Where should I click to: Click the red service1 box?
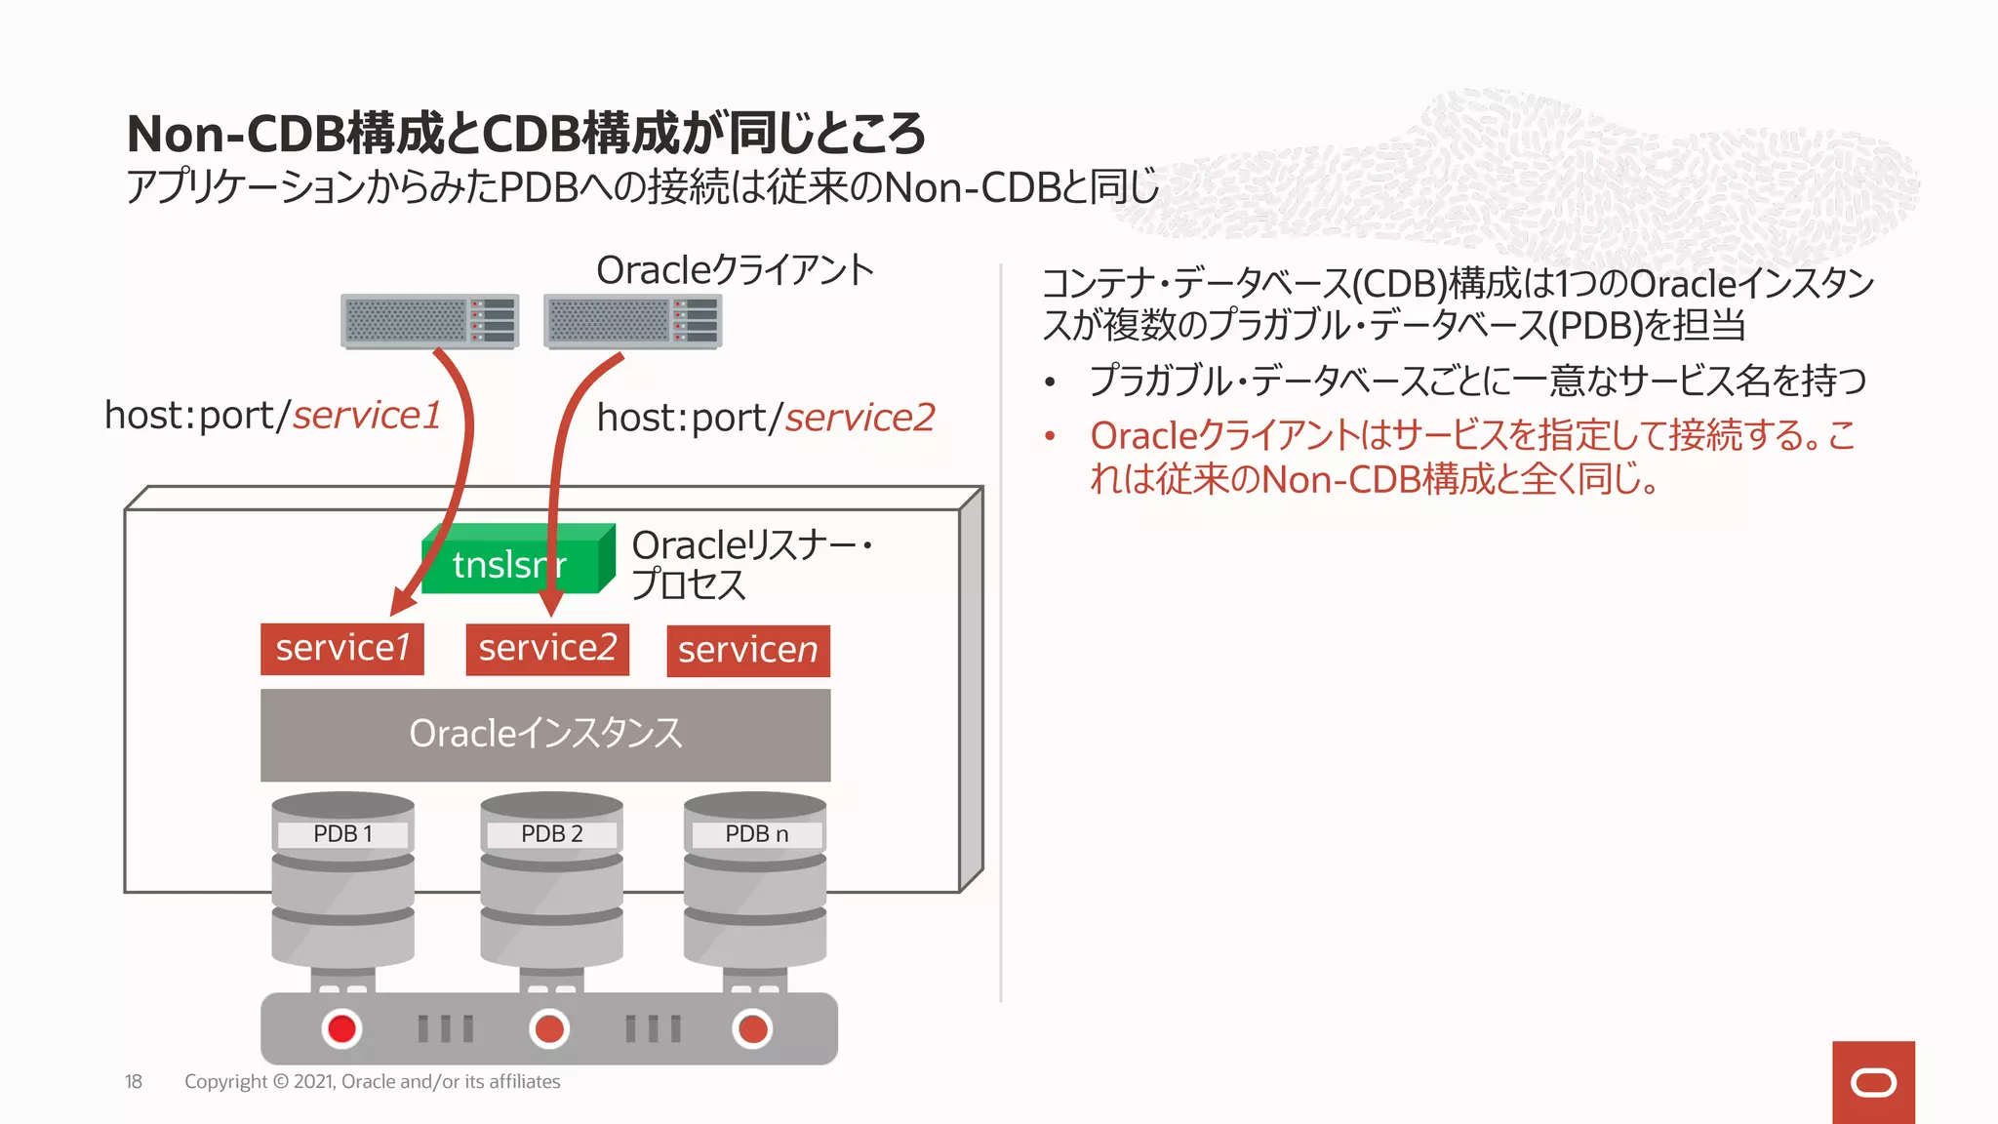tap(341, 649)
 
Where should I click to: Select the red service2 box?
tap(547, 649)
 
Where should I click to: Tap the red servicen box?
tap(748, 651)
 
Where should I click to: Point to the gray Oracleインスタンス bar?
tap(545, 735)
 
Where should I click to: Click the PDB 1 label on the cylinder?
tap(342, 834)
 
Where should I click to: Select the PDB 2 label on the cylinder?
tap(551, 834)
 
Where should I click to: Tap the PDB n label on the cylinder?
tap(756, 834)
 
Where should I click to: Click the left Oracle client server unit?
tap(429, 321)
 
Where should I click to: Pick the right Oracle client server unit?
tap(632, 321)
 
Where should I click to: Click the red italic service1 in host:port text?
tap(367, 416)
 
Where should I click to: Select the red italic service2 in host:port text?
tap(859, 418)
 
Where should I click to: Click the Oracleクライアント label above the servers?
tap(735, 270)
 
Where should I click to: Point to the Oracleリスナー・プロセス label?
tap(751, 564)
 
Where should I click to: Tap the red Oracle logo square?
tap(1872, 1082)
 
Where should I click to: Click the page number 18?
tap(134, 1081)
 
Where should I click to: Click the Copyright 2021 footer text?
tap(372, 1081)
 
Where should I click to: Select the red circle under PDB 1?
tap(341, 1028)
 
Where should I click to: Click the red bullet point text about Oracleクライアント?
tap(1471, 457)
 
